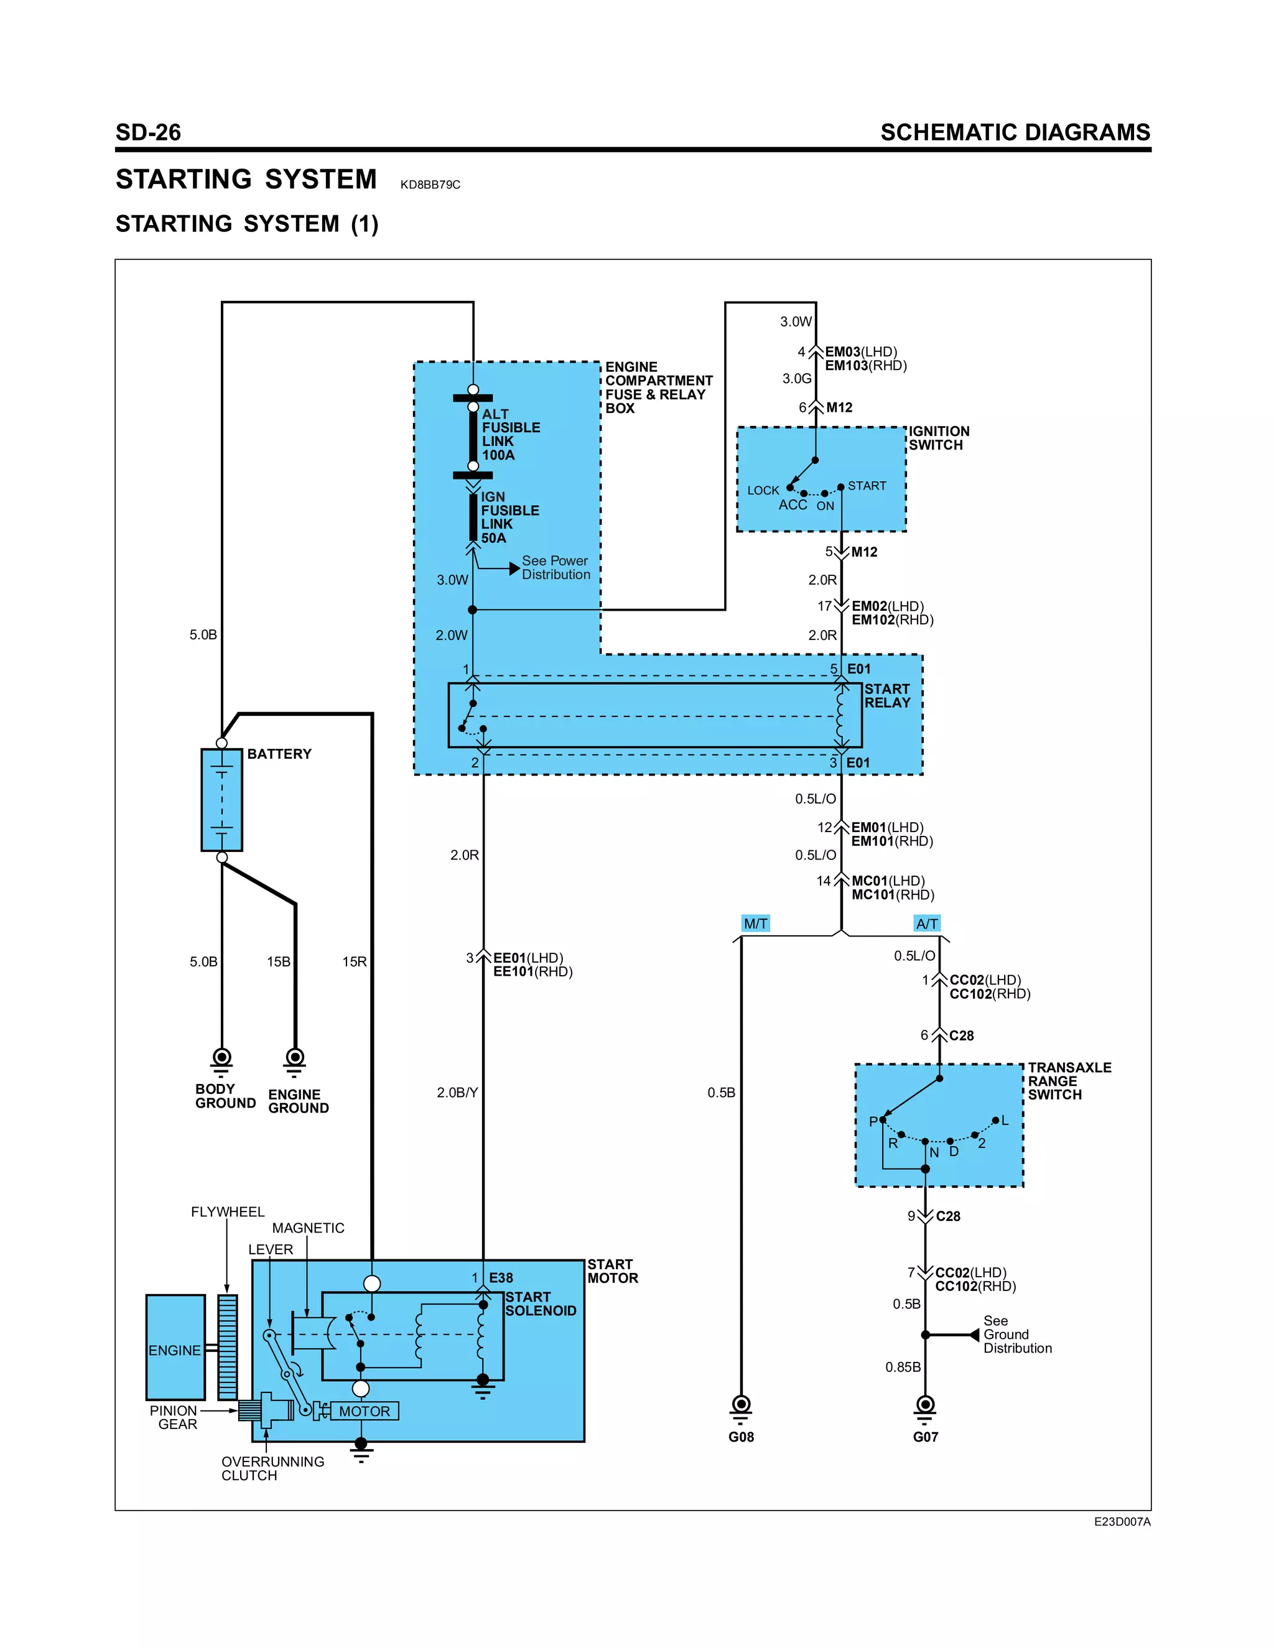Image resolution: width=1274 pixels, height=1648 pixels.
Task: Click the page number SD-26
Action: click(148, 133)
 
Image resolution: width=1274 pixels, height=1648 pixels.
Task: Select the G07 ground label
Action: click(925, 1437)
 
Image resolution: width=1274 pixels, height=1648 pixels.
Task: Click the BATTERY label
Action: click(279, 754)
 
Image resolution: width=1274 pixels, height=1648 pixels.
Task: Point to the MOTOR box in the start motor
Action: click(365, 1411)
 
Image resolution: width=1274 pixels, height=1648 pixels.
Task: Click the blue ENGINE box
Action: click(175, 1348)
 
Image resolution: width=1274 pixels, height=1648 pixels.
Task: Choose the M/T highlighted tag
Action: click(755, 924)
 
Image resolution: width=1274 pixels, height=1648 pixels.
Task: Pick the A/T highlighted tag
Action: click(927, 924)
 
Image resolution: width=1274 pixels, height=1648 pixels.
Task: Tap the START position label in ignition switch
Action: click(867, 486)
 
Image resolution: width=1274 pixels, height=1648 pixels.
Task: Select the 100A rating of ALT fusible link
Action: click(498, 455)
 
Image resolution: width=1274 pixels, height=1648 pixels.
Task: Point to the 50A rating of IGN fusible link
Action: click(493, 538)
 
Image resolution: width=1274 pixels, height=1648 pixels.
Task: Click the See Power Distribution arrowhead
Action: click(514, 568)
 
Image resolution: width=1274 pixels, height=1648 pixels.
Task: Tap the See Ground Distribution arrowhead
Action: click(974, 1335)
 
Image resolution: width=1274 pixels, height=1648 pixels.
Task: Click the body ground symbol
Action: click(222, 1060)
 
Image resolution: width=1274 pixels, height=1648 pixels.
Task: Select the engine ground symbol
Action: click(295, 1060)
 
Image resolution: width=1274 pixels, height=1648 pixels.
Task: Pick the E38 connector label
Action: click(501, 1278)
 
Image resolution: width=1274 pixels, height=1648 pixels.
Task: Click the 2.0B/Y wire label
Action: click(457, 1093)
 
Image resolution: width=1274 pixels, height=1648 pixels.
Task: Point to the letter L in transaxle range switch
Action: click(1005, 1121)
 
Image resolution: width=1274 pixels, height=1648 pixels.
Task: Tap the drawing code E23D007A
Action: click(1122, 1522)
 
